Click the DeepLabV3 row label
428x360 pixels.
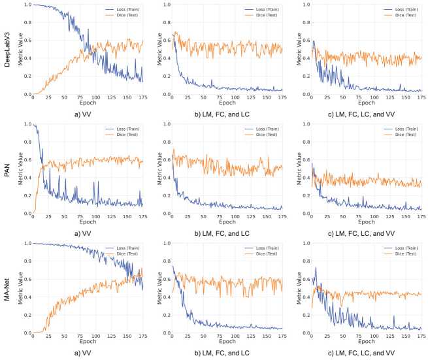click(x=6, y=50)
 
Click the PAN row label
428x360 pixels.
click(x=6, y=169)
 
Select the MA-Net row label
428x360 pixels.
click(x=6, y=288)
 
